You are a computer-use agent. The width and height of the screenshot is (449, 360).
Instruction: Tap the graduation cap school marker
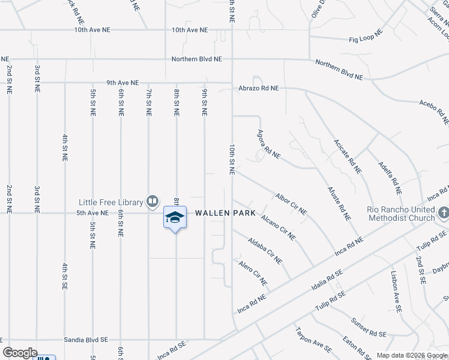(175, 217)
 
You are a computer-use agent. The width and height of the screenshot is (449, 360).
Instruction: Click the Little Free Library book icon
(152, 202)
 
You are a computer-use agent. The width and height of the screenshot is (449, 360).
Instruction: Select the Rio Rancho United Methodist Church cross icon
(443, 213)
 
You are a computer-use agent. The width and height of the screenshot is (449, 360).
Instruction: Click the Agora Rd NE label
(268, 144)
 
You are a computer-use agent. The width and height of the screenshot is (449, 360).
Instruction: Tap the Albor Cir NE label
(291, 204)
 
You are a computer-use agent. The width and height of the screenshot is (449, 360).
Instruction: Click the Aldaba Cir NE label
(265, 250)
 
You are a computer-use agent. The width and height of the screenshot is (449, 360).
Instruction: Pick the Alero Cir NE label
(253, 272)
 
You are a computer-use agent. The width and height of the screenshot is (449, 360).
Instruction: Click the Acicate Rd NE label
(348, 157)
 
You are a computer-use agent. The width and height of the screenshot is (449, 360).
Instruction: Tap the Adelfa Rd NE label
(389, 178)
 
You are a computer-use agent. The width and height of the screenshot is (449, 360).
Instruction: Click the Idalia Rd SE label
(327, 280)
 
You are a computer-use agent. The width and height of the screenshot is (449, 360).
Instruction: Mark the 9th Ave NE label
(122, 83)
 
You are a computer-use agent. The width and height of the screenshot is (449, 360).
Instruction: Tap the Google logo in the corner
(20, 353)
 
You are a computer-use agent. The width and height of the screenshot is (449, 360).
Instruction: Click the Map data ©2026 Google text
(411, 355)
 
